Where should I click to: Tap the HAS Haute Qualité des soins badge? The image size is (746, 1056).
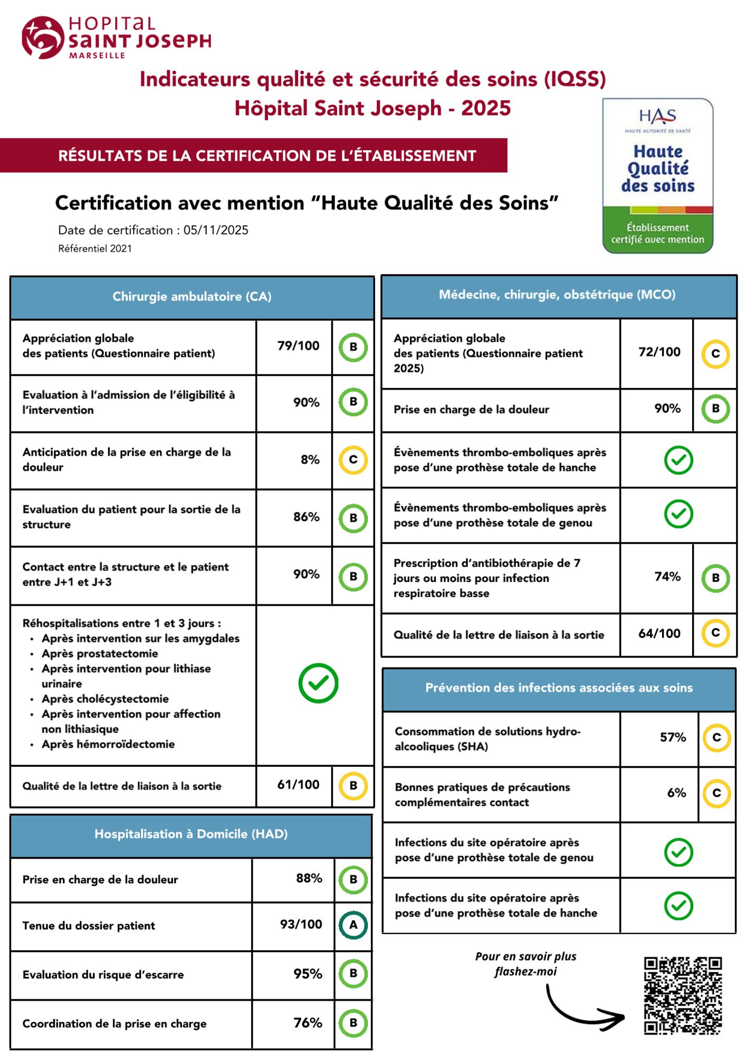click(x=657, y=176)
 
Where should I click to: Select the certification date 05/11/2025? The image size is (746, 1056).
click(x=216, y=230)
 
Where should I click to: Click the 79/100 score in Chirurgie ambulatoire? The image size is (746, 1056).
click(x=298, y=346)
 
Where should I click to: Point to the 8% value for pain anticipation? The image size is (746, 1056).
click(x=310, y=460)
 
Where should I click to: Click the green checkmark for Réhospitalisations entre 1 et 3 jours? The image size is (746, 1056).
click(x=318, y=683)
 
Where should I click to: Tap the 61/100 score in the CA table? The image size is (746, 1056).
click(x=298, y=785)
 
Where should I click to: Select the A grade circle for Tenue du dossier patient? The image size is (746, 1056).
click(x=353, y=925)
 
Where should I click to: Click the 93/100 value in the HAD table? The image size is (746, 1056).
click(x=301, y=924)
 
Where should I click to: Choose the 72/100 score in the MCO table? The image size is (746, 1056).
click(x=659, y=352)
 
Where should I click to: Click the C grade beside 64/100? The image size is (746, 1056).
click(x=715, y=633)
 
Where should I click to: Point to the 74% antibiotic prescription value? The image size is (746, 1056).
click(x=667, y=577)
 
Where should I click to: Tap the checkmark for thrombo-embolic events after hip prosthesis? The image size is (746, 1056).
click(x=678, y=460)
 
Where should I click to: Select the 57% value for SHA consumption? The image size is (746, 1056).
click(x=673, y=737)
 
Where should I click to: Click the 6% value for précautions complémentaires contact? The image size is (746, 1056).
click(x=676, y=793)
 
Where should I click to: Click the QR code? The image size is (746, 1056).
click(x=683, y=996)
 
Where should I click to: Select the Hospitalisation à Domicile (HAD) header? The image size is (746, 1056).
click(x=191, y=834)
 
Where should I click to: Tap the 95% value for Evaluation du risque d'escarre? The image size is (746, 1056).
click(x=308, y=974)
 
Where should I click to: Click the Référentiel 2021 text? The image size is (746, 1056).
click(x=95, y=249)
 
